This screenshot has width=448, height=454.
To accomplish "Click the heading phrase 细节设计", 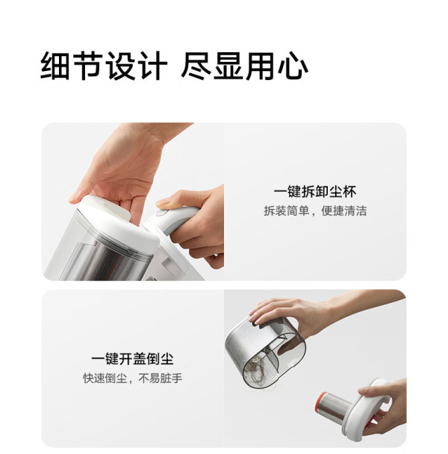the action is pos(104,66).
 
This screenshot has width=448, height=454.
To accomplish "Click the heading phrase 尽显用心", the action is pos(244,66).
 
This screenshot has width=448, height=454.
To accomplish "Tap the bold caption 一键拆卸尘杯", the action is pos(315,192).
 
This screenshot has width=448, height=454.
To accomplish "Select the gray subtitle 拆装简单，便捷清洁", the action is pos(315,211).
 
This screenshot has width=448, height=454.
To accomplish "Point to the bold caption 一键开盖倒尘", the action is pos(132,359).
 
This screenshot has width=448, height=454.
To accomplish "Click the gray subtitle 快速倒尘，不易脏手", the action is pos(132,378).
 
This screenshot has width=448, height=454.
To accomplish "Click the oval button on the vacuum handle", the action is pos(161,213).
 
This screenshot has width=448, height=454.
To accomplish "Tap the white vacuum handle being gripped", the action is pos(174,220).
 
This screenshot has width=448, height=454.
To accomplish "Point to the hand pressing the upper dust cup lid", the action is pos(128,168).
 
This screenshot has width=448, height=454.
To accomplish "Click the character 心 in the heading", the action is pos(293,66).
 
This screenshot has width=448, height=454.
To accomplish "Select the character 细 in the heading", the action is pos(55,66).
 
